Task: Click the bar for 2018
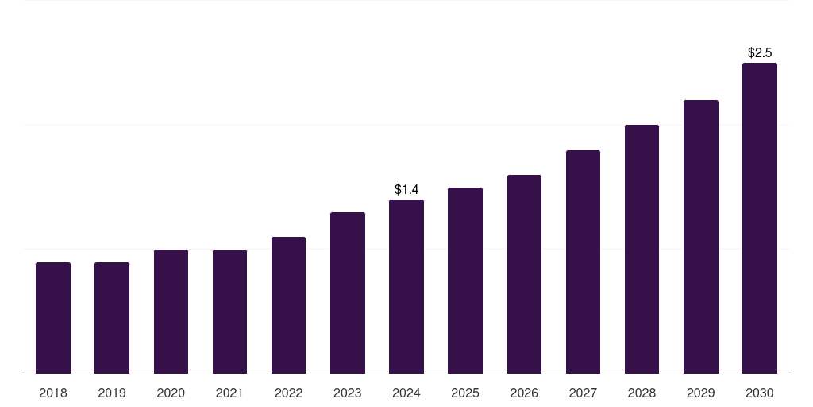pyautogui.click(x=53, y=318)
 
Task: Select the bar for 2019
pyautogui.click(x=112, y=318)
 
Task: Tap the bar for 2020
pyautogui.click(x=171, y=312)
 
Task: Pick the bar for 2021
pyautogui.click(x=229, y=312)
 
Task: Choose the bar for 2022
pyautogui.click(x=288, y=305)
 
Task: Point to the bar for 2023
pyautogui.click(x=348, y=293)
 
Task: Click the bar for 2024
pyautogui.click(x=406, y=286)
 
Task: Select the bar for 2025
pyautogui.click(x=465, y=281)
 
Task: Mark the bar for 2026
pyautogui.click(x=524, y=274)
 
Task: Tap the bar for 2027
pyautogui.click(x=583, y=262)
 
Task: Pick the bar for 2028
pyautogui.click(x=642, y=249)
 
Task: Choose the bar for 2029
pyautogui.click(x=701, y=237)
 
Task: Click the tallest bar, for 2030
pyautogui.click(x=760, y=218)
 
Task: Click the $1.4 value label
pyautogui.click(x=406, y=189)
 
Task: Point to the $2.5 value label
pyautogui.click(x=760, y=52)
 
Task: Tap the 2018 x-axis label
pyautogui.click(x=53, y=393)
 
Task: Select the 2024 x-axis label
pyautogui.click(x=406, y=393)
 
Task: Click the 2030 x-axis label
pyautogui.click(x=760, y=393)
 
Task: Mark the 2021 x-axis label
pyautogui.click(x=229, y=393)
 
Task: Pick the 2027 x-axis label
pyautogui.click(x=583, y=393)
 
